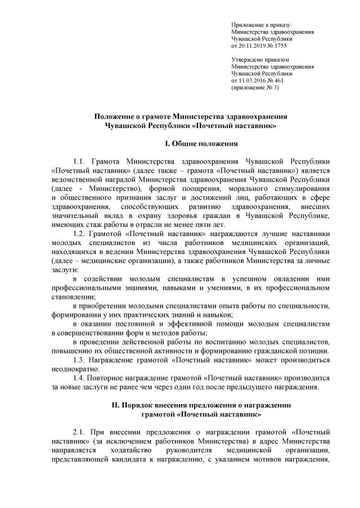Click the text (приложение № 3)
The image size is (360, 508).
(255, 88)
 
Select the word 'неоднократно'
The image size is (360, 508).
(75, 369)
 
